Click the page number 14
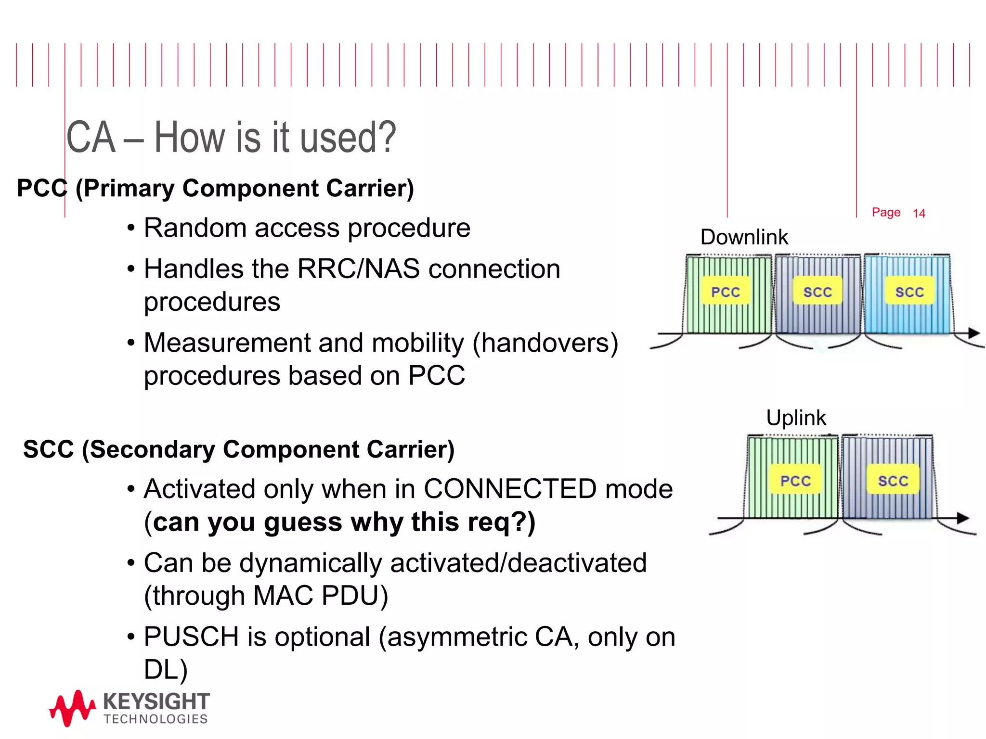point(919,213)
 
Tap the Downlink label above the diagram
point(744,237)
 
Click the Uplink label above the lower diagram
point(796,418)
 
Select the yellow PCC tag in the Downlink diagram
point(726,291)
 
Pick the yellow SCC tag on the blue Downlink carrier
point(909,291)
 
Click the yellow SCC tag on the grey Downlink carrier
point(817,291)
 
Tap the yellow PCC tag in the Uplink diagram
point(795,480)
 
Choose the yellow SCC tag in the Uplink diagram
point(893,480)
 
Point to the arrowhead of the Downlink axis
point(973,333)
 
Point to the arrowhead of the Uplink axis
point(962,518)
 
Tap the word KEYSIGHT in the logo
point(156,701)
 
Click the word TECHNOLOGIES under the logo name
point(156,719)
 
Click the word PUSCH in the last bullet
point(191,637)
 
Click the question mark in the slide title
point(386,138)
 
